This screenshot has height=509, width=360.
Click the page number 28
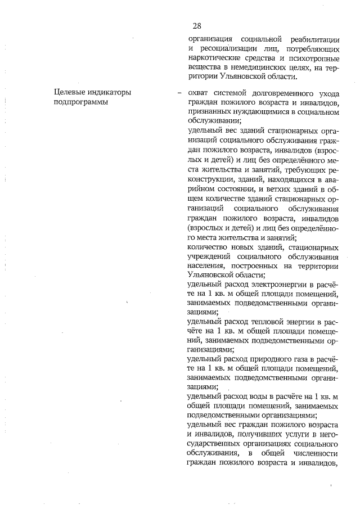coord(197,26)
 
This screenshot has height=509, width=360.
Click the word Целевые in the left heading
coord(71,93)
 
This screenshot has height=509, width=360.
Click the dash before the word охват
coord(178,93)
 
